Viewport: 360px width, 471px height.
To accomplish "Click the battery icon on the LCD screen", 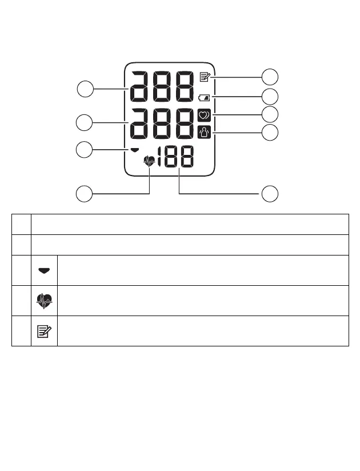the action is (205, 98).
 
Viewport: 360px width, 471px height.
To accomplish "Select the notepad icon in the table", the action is (44, 331).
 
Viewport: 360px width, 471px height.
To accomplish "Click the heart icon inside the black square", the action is (205, 115).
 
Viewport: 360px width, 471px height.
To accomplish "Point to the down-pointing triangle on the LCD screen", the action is (135, 150).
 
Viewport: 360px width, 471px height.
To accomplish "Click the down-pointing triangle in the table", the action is (44, 270).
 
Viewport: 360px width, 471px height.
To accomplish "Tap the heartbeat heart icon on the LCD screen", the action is (149, 162).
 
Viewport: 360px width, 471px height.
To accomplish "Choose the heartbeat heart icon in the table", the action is (44, 301).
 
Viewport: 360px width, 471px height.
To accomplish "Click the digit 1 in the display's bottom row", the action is (162, 158).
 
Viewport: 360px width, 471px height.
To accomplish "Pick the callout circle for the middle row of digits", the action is (85, 122).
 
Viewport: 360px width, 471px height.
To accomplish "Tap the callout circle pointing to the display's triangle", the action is (85, 150).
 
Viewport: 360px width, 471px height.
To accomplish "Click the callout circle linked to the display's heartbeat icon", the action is (85, 194).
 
